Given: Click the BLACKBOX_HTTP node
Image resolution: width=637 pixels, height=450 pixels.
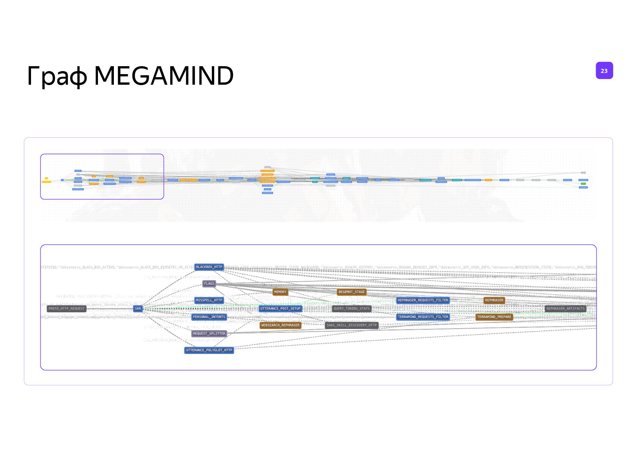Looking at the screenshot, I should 209,267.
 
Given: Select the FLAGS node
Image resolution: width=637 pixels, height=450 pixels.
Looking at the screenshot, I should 209,284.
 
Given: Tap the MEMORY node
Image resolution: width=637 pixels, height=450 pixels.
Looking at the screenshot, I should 280,292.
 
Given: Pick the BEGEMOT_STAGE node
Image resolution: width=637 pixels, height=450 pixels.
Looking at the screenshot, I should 351,292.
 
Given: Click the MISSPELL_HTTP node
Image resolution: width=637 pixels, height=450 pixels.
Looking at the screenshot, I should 209,300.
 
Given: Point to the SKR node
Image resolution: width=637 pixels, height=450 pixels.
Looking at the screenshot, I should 138,309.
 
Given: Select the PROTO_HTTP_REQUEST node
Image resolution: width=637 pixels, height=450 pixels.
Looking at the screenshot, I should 67,309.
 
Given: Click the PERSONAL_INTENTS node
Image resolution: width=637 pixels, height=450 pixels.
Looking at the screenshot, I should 209,317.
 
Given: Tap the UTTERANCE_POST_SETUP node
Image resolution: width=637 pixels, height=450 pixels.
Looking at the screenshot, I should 280,309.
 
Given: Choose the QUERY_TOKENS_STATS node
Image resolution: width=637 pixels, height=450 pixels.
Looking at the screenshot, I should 351,309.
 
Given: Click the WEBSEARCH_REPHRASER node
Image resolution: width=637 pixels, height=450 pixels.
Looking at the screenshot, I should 280,325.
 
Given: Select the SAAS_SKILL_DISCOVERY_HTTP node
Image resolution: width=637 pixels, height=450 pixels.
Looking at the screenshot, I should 351,325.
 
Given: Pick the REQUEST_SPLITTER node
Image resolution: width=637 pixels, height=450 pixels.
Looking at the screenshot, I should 209,334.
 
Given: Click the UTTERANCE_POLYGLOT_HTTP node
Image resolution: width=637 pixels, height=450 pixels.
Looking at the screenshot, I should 209,350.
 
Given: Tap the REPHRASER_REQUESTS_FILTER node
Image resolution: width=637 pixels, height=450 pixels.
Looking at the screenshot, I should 423,300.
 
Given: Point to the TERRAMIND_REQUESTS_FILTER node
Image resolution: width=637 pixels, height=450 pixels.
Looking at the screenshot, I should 423,317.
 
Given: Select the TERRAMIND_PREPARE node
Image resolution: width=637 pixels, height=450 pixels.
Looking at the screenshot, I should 494,317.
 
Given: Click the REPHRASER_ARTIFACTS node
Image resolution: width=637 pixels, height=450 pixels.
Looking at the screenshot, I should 566,309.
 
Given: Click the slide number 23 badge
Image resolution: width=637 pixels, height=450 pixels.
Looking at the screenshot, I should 604,71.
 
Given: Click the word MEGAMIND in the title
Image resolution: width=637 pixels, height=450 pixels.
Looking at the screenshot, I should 163,76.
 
